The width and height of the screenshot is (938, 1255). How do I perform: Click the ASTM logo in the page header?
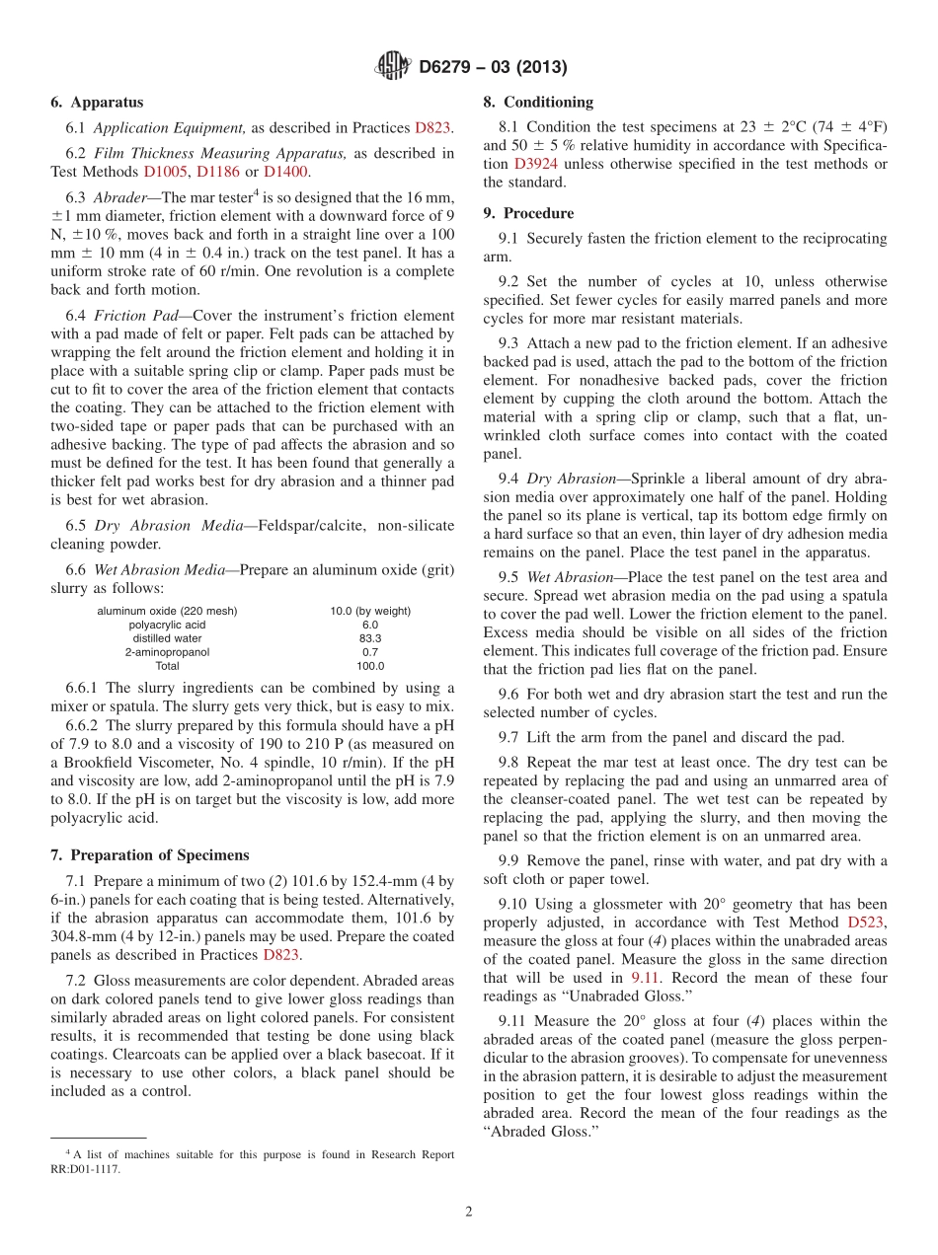click(393, 67)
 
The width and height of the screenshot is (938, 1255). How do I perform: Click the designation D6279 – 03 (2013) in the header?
click(493, 68)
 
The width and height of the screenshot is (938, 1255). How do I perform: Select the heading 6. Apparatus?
click(97, 103)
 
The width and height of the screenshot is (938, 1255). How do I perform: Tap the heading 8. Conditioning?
click(538, 103)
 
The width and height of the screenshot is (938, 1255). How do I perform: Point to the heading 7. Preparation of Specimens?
click(150, 854)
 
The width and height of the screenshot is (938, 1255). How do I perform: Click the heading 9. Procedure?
click(528, 213)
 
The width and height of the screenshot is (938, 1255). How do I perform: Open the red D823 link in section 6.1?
click(432, 127)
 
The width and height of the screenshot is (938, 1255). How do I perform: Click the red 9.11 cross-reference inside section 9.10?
click(646, 978)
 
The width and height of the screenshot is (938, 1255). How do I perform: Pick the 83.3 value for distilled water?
click(370, 638)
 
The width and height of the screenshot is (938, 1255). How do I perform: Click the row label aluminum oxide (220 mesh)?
click(167, 611)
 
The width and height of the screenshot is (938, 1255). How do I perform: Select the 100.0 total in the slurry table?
click(370, 666)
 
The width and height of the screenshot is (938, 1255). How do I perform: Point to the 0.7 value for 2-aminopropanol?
click(370, 652)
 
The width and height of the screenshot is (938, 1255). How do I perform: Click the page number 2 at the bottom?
click(469, 1213)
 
